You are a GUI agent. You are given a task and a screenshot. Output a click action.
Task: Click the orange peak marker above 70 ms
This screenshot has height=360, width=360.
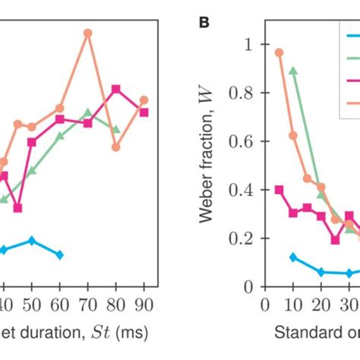click(87, 33)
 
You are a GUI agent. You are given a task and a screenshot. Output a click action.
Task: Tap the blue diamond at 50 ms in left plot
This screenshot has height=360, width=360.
click(32, 241)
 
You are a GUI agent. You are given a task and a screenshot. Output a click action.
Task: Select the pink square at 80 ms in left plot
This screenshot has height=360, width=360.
click(116, 90)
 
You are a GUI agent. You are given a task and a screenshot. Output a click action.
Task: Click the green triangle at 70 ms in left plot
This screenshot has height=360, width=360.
click(88, 113)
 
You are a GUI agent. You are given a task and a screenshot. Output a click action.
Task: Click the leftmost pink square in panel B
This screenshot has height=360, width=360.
click(279, 190)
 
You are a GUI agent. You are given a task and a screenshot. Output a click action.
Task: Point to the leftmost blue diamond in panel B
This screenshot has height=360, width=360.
click(293, 257)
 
